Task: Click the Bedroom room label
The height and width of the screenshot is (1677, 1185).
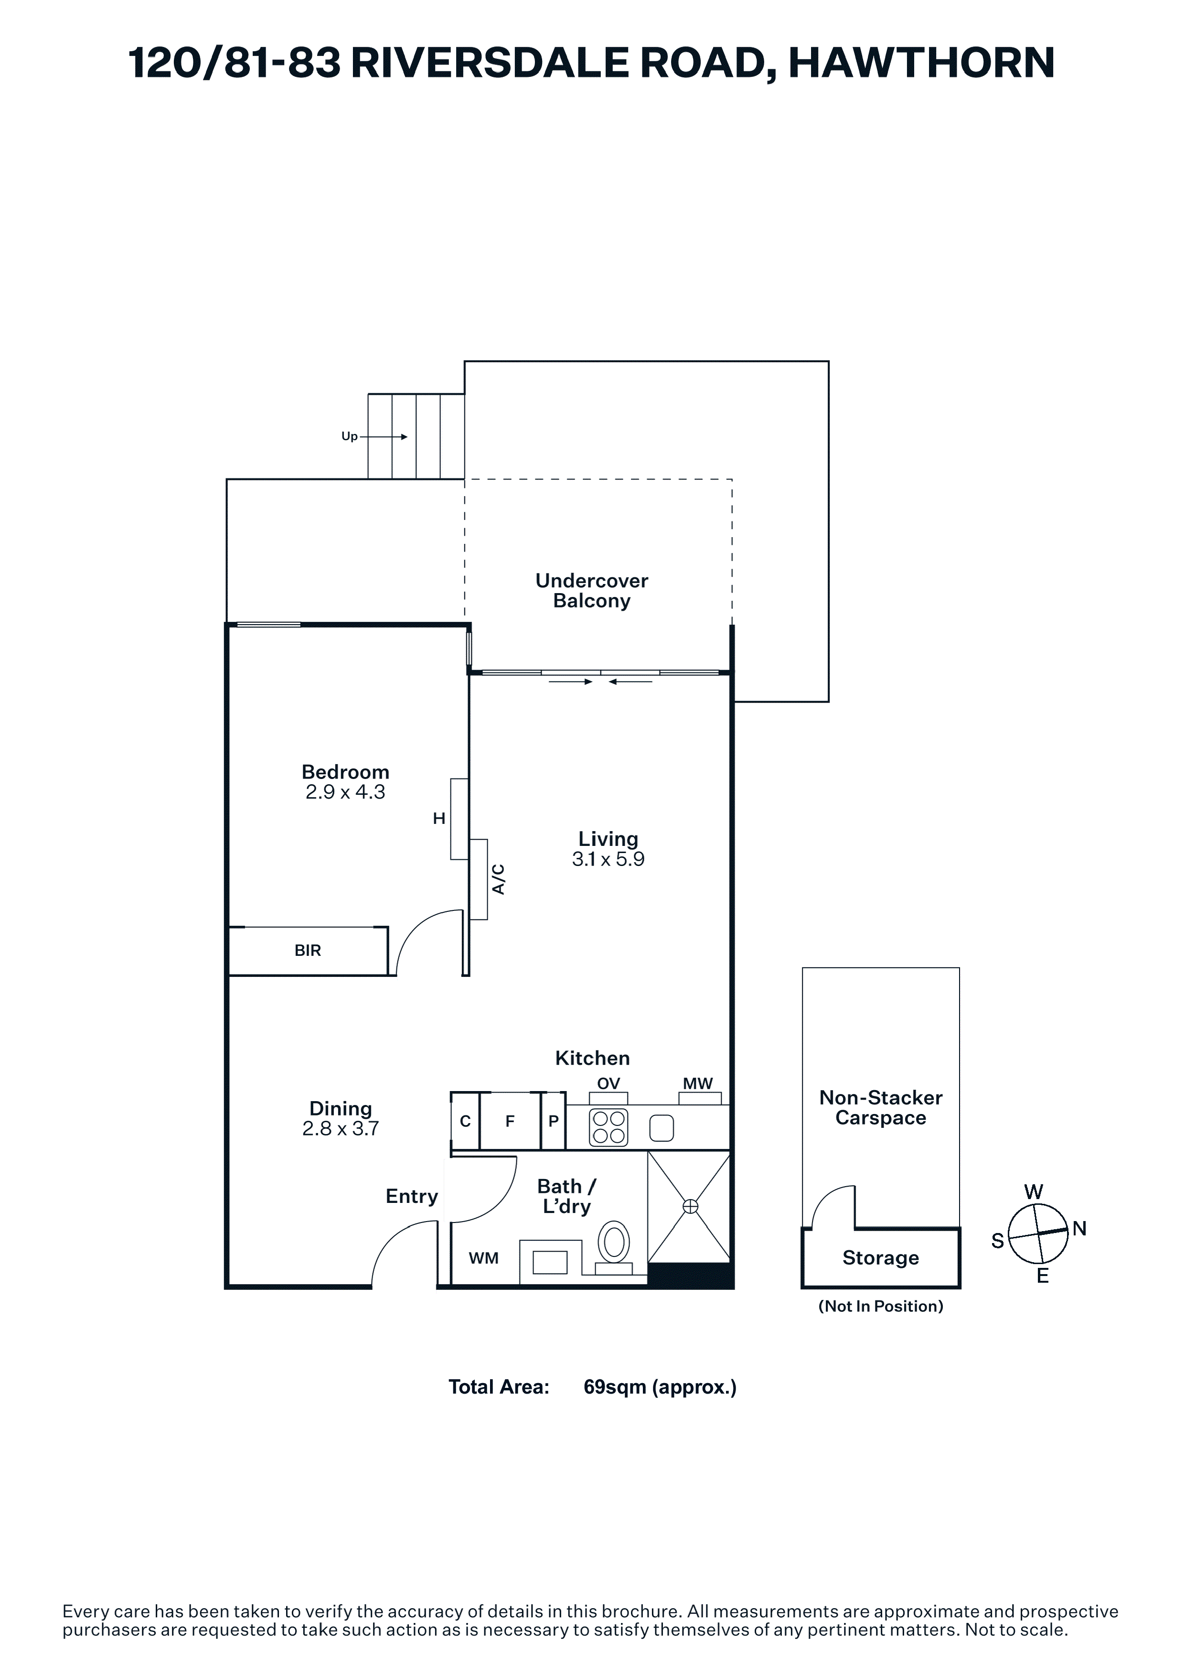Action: pos(345,772)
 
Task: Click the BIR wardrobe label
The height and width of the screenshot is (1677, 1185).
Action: pos(308,950)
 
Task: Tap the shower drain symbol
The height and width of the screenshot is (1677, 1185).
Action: pos(690,1207)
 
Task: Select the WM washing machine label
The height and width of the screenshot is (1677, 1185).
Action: pos(483,1258)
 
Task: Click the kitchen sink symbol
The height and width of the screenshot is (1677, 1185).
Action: pos(662,1128)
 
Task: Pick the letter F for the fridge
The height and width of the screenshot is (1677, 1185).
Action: pos(510,1121)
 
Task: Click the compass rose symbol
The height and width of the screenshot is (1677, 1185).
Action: pos(1037,1234)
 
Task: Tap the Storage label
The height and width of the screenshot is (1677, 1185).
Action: pos(881,1258)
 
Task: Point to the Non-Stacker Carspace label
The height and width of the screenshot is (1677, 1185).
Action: pos(881,1108)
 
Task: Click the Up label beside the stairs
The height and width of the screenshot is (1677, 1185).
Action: pos(350,437)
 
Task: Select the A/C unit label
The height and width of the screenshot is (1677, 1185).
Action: pos(499,879)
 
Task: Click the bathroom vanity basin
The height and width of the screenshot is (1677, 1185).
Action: pos(550,1262)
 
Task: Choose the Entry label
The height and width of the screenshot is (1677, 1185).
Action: pos(412,1196)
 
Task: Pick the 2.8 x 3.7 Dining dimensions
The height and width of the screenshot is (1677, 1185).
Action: pos(340,1128)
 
